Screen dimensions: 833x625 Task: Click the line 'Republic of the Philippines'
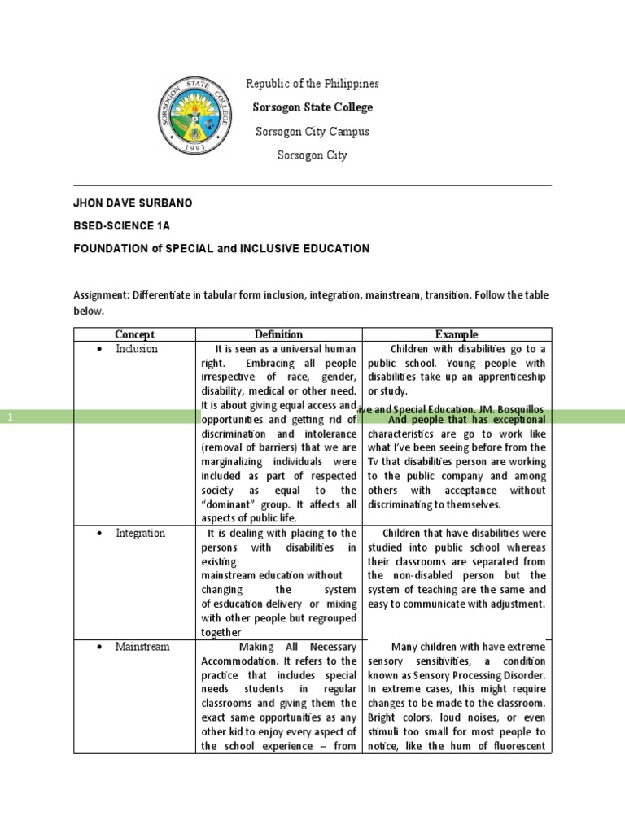[x=312, y=84]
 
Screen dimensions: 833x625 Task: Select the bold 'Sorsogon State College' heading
[x=312, y=107]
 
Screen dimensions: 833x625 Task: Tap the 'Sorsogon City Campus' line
[x=312, y=131]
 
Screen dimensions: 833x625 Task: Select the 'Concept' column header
[x=134, y=334]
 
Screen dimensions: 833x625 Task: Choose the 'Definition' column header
[x=278, y=334]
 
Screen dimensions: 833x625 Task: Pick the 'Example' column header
[x=457, y=334]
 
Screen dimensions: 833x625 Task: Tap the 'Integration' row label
[x=140, y=533]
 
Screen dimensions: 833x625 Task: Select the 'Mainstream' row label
[x=142, y=647]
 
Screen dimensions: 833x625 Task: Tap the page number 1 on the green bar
[x=11, y=416]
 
